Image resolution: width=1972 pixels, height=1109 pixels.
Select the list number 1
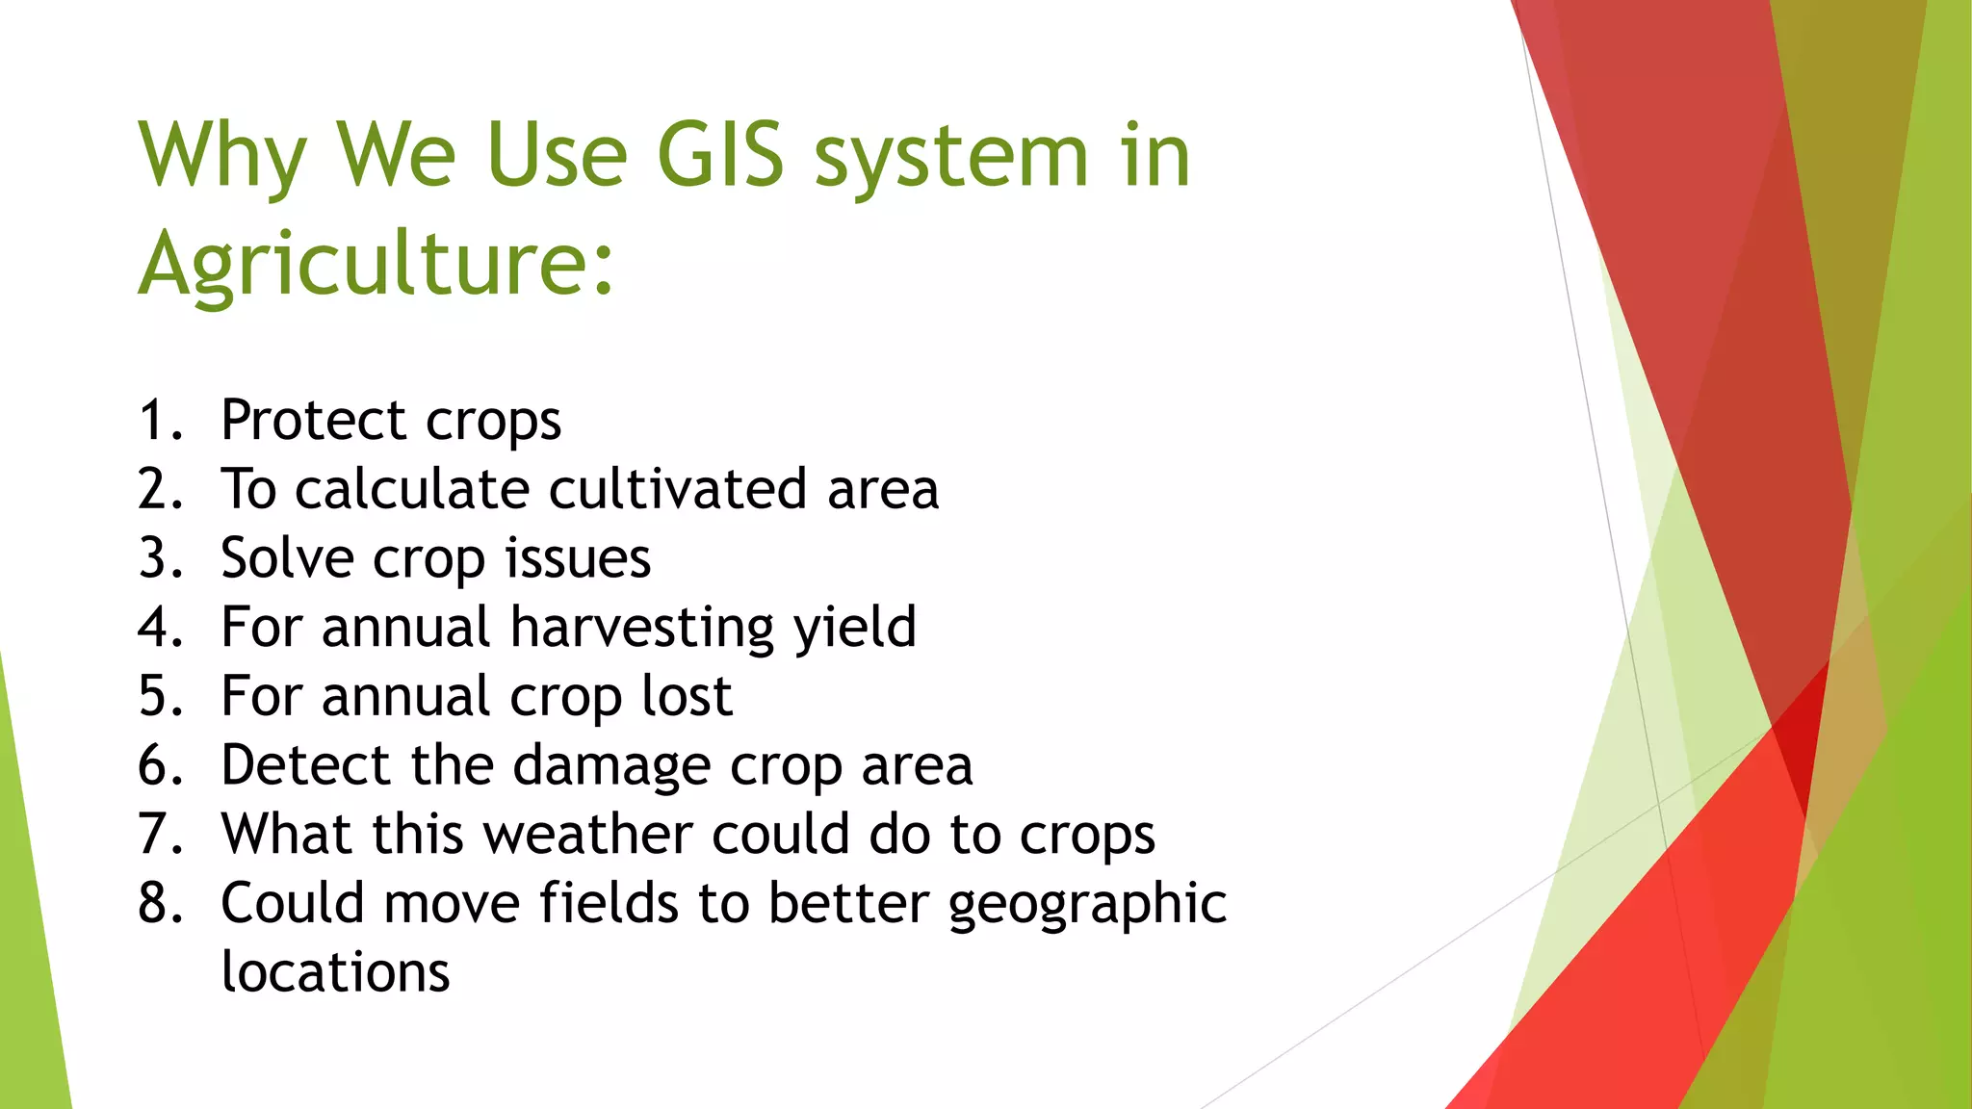(x=159, y=421)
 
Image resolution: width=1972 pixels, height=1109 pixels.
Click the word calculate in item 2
(x=412, y=489)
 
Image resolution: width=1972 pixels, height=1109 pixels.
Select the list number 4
(x=159, y=628)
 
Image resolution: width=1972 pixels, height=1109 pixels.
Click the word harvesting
(x=641, y=628)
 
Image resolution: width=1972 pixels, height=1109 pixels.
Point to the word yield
(x=855, y=628)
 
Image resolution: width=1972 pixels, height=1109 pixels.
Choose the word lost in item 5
(x=687, y=696)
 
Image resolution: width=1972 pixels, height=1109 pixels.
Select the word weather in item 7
(x=587, y=834)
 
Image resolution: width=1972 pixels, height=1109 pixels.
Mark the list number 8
(x=159, y=903)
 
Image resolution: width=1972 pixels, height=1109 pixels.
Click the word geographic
(x=1087, y=905)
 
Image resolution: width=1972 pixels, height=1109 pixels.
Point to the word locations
(x=335, y=971)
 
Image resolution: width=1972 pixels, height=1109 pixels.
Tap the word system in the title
(x=951, y=156)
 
